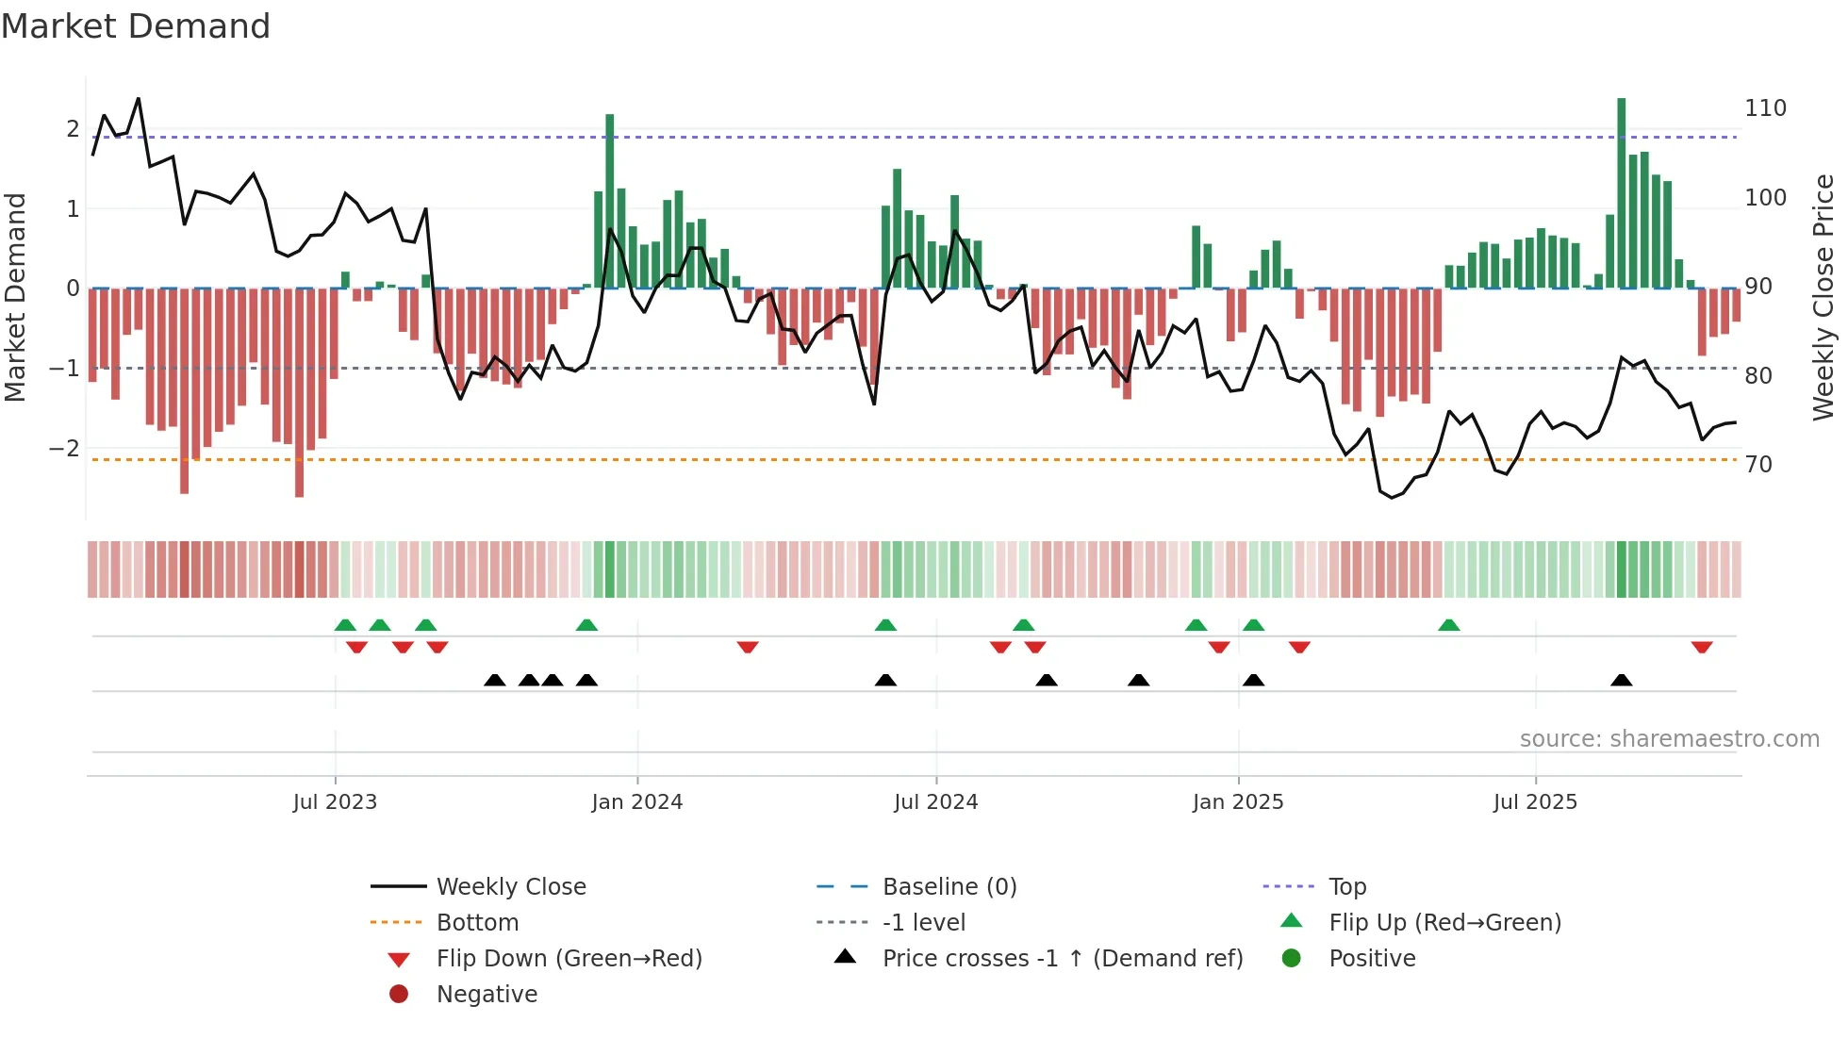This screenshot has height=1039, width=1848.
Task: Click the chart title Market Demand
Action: pyautogui.click(x=136, y=26)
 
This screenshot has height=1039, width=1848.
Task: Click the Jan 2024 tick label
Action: pyautogui.click(x=636, y=802)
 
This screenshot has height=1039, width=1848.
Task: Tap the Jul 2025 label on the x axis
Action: pyautogui.click(x=1534, y=802)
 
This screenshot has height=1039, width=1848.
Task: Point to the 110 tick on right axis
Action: pyautogui.click(x=1765, y=108)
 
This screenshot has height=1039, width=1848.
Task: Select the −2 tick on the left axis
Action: pyautogui.click(x=64, y=449)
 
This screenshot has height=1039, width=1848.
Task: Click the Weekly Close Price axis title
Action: pyautogui.click(x=1823, y=297)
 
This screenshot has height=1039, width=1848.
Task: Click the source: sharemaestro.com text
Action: pyautogui.click(x=1669, y=739)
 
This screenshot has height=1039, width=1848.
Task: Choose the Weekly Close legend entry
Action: pyautogui.click(x=510, y=887)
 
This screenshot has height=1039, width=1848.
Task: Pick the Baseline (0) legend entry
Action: pyautogui.click(x=949, y=887)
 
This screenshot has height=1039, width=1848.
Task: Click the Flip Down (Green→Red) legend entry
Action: pyautogui.click(x=569, y=959)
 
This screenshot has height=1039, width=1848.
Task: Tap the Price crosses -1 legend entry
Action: pyautogui.click(x=1062, y=959)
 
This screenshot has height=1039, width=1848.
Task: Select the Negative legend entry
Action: pyautogui.click(x=487, y=995)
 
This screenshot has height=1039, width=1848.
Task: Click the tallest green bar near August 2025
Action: pyautogui.click(x=1621, y=193)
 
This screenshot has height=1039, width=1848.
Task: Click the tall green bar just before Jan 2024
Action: pyautogui.click(x=610, y=201)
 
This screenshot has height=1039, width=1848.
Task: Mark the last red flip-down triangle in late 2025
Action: pyautogui.click(x=1701, y=648)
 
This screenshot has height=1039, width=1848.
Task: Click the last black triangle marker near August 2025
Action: pyautogui.click(x=1621, y=681)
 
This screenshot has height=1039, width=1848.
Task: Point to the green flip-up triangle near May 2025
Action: pyautogui.click(x=1448, y=625)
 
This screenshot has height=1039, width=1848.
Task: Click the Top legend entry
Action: pyautogui.click(x=1346, y=887)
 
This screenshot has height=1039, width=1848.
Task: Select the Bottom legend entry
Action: pyautogui.click(x=477, y=923)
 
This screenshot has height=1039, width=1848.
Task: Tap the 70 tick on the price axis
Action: pyautogui.click(x=1757, y=465)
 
